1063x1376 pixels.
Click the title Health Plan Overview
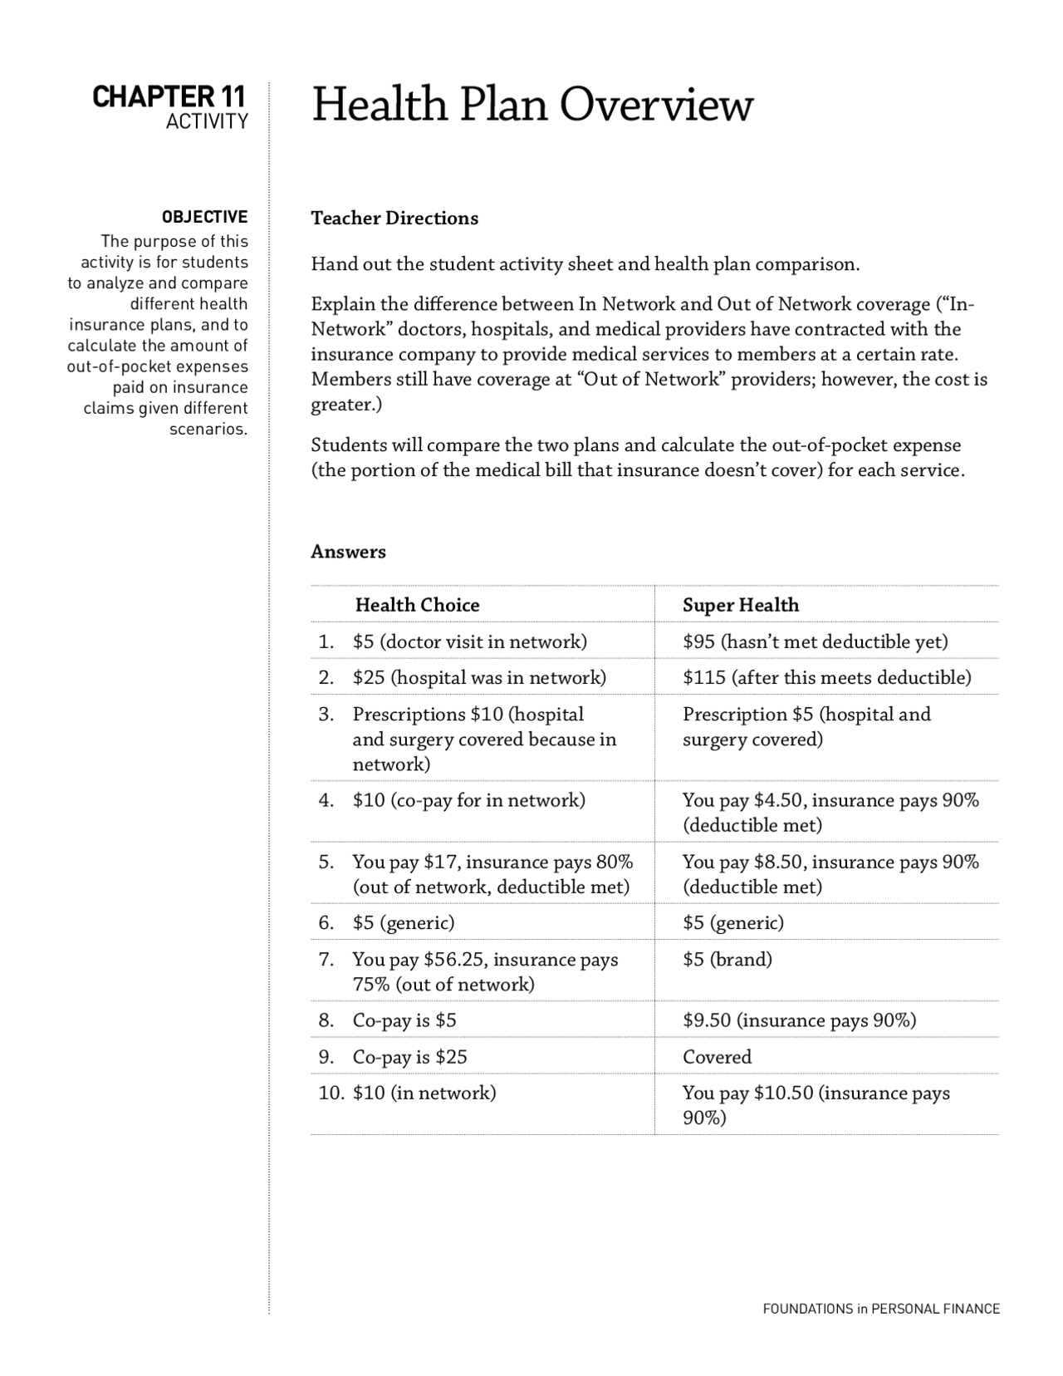click(x=531, y=106)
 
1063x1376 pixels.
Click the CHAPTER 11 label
click(x=169, y=97)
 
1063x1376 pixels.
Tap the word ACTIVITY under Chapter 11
click(x=206, y=122)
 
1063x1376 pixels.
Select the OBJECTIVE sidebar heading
click(x=204, y=217)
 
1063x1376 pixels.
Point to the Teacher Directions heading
click(x=394, y=219)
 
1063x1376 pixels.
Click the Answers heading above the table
click(x=348, y=552)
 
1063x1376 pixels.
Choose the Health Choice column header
click(x=417, y=605)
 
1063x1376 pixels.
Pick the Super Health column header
click(x=740, y=605)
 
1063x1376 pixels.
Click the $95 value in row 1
click(x=698, y=641)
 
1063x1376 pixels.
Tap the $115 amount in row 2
click(x=703, y=677)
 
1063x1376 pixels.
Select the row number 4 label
click(x=326, y=800)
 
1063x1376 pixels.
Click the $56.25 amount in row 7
click(x=453, y=960)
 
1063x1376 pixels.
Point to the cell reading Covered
click(x=717, y=1057)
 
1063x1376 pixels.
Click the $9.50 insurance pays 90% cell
click(x=799, y=1020)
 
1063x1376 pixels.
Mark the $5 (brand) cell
click(x=727, y=960)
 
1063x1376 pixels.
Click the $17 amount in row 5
click(x=438, y=862)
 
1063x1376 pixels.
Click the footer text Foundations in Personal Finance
click(x=880, y=1309)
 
